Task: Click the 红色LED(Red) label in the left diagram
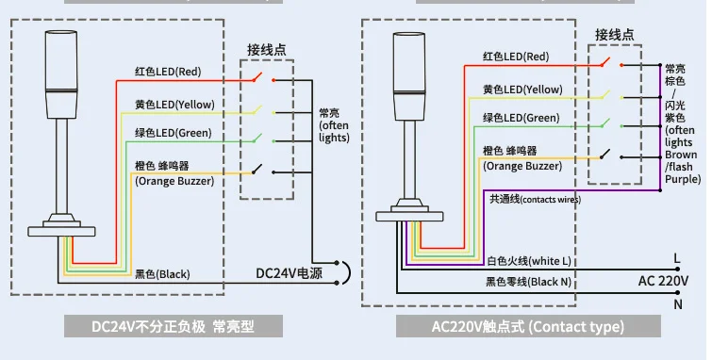pyautogui.click(x=168, y=72)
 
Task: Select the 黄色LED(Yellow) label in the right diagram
pyautogui.click(x=522, y=90)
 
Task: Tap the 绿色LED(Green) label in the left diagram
pyautogui.click(x=173, y=133)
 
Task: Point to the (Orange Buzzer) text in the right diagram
pyautogui.click(x=522, y=166)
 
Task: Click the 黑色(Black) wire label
pyautogui.click(x=162, y=274)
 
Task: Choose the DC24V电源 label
pyautogui.click(x=290, y=273)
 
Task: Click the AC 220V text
pyautogui.click(x=663, y=281)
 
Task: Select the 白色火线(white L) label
pyautogui.click(x=529, y=261)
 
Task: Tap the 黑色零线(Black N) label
pyautogui.click(x=528, y=282)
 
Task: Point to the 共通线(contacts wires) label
pyautogui.click(x=535, y=199)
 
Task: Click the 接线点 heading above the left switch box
pyautogui.click(x=267, y=50)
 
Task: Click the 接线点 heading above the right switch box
pyautogui.click(x=614, y=35)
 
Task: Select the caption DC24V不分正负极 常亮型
pyautogui.click(x=173, y=326)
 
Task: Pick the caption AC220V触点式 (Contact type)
pyautogui.click(x=528, y=326)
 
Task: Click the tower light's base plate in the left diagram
pyautogui.click(x=61, y=232)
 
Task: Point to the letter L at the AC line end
pyautogui.click(x=677, y=259)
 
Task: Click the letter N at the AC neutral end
pyautogui.click(x=678, y=304)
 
